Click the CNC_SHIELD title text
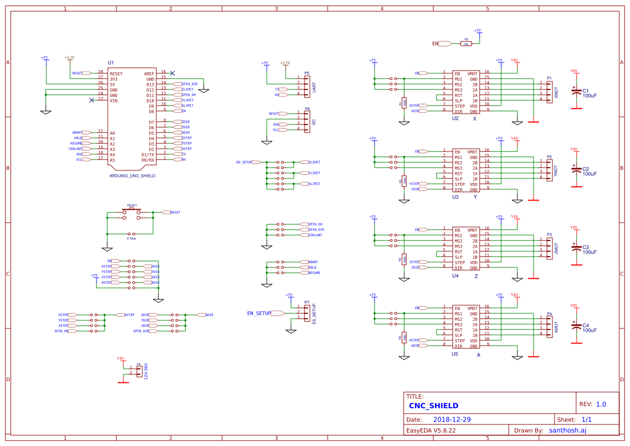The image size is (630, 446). coord(433,406)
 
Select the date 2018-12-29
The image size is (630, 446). coord(452,420)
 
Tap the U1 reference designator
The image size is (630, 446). coord(111,63)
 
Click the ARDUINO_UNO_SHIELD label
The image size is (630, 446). coord(132,176)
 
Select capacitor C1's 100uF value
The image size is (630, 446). coord(590,96)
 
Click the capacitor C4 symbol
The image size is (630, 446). coord(576,326)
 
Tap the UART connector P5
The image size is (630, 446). coord(307,86)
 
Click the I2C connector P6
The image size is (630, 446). coord(307,122)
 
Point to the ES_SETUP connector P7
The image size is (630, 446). coord(307,312)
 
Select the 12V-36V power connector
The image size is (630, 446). coord(140,370)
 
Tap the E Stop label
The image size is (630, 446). coord(131,238)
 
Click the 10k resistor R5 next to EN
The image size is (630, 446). coord(466,44)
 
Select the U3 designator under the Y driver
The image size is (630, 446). coord(455,197)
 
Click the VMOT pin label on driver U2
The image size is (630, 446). coord(473,73)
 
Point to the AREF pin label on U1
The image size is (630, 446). coord(149,73)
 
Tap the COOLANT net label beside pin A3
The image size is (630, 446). coord(75,149)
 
